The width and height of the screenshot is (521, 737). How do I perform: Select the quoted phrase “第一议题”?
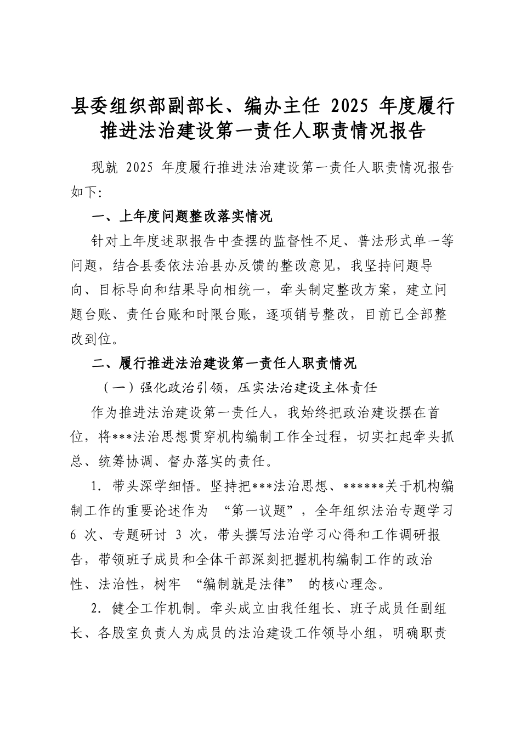pos(265,511)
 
